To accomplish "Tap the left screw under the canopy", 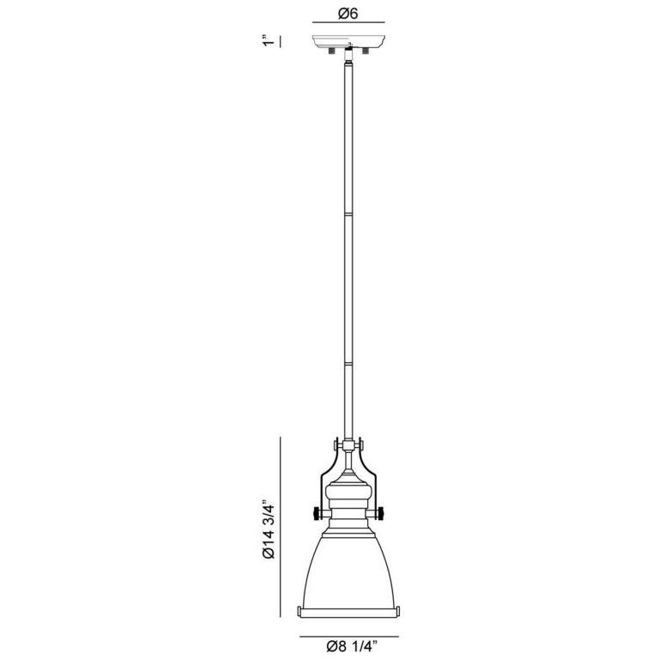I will pyautogui.click(x=330, y=52).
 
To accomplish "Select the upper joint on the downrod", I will pyautogui.click(x=348, y=212).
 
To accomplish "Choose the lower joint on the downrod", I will pyautogui.click(x=348, y=364).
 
